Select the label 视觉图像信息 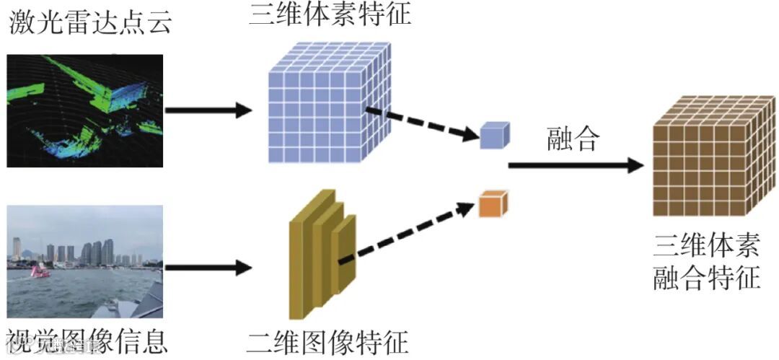click(x=87, y=341)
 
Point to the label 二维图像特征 click(x=327, y=341)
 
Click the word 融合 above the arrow click(x=573, y=139)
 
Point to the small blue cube click(x=495, y=135)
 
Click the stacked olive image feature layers click(x=321, y=253)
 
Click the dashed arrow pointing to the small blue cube click(x=422, y=123)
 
